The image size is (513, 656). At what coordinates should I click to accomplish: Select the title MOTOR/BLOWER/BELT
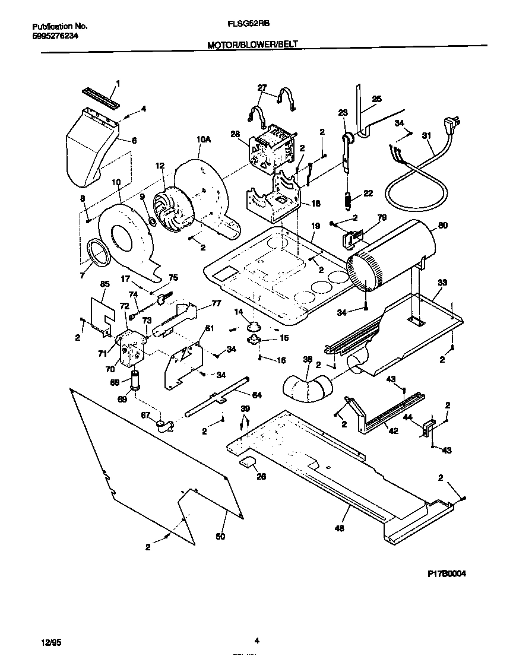pos(252,44)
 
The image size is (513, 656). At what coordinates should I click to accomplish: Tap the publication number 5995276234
pos(54,36)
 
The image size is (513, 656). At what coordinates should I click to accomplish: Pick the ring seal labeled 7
pos(97,252)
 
